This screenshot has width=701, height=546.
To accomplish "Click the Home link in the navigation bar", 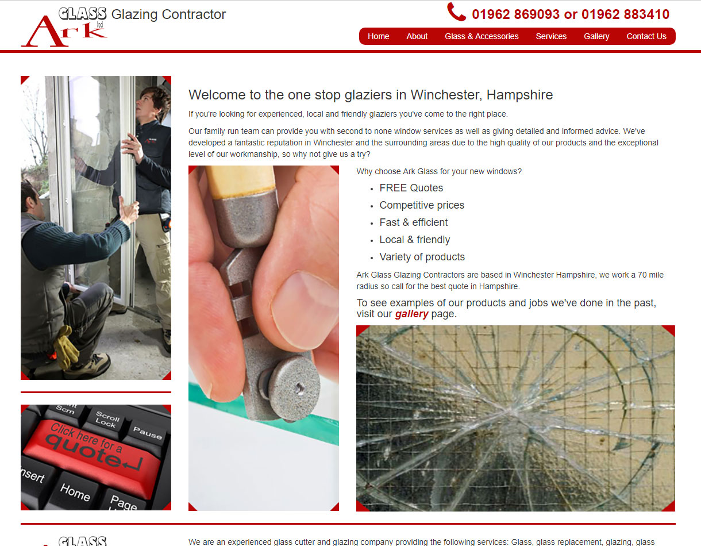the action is (x=378, y=36).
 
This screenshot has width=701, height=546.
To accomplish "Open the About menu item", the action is (x=417, y=36).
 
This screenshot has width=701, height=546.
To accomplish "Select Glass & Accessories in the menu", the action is (x=482, y=36).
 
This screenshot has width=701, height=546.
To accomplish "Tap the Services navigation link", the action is (x=551, y=36).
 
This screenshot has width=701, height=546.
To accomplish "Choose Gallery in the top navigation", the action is (x=596, y=36).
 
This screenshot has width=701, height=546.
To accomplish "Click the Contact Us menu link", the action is (x=646, y=36).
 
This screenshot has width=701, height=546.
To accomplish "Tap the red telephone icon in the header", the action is (x=456, y=11).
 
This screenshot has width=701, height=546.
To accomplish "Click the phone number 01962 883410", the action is (x=625, y=14).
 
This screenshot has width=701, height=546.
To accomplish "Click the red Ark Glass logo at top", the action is (x=64, y=27).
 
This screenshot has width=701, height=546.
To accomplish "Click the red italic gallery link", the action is (x=411, y=314).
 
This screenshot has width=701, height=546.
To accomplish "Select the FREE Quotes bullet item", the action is (x=411, y=188).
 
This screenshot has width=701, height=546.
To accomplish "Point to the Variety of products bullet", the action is (x=422, y=257).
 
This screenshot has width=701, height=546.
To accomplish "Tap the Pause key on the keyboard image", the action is (x=148, y=433).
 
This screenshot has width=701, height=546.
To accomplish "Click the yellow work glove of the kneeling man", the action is (x=66, y=347).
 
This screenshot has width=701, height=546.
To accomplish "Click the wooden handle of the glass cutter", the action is (x=240, y=182).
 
